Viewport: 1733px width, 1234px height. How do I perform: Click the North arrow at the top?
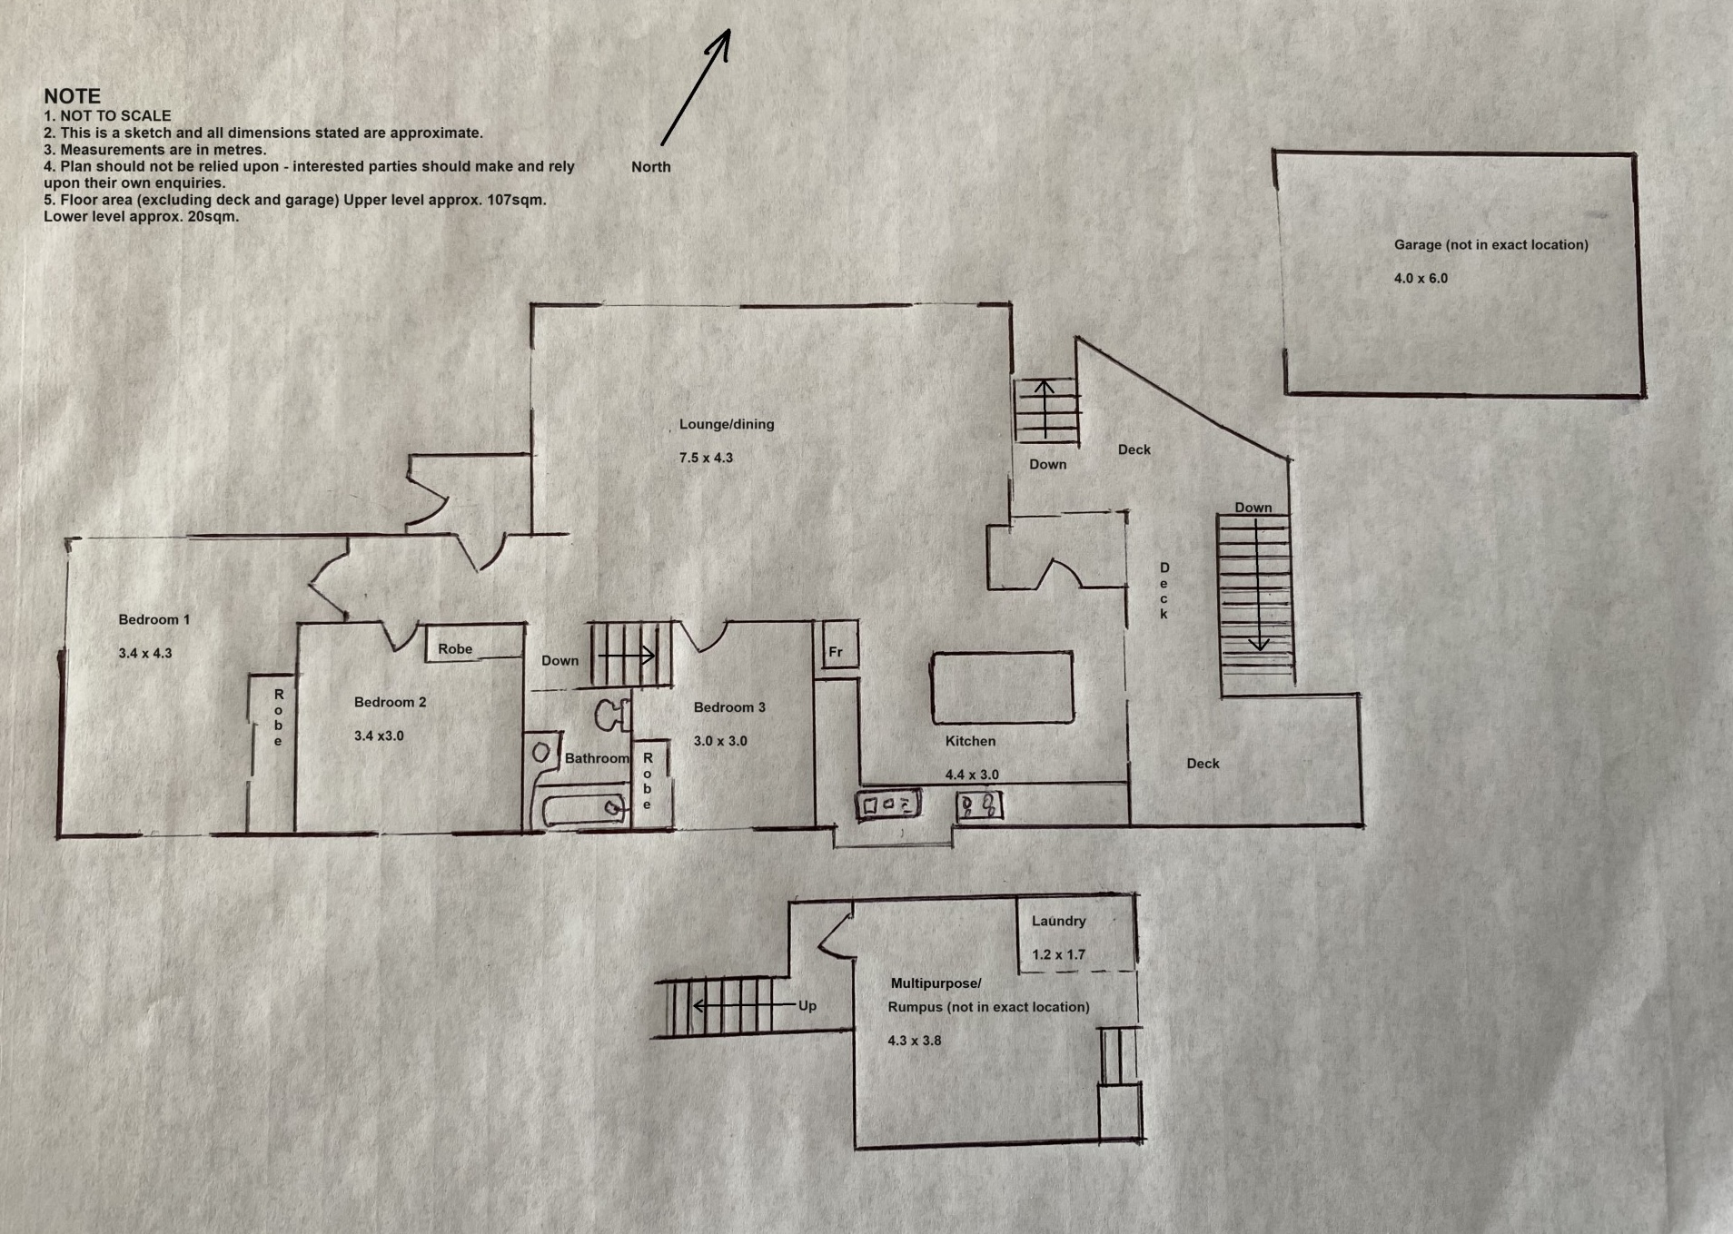696,87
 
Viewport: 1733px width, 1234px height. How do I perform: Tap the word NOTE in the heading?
72,95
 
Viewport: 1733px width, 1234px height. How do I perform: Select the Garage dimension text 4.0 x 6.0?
1421,278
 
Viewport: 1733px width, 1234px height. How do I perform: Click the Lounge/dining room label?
727,424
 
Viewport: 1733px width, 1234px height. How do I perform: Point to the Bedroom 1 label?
153,619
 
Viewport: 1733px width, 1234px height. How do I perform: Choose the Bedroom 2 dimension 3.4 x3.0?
379,735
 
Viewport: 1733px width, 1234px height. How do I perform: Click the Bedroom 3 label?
729,707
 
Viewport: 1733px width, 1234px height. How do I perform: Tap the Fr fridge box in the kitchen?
838,645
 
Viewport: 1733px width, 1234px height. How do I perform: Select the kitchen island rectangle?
1002,687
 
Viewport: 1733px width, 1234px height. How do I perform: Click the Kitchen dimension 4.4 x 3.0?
972,775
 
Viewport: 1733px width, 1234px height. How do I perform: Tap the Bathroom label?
597,758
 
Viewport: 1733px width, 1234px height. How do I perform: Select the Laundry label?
1058,921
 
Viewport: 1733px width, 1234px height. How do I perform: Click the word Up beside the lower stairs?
807,1006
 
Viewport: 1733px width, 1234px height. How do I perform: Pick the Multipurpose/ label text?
936,983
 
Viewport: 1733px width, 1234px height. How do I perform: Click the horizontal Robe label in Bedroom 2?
455,649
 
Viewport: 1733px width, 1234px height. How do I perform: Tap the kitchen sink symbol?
979,805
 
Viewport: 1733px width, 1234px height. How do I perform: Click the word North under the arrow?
651,167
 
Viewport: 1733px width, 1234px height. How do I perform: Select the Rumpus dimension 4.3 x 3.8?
915,1041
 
